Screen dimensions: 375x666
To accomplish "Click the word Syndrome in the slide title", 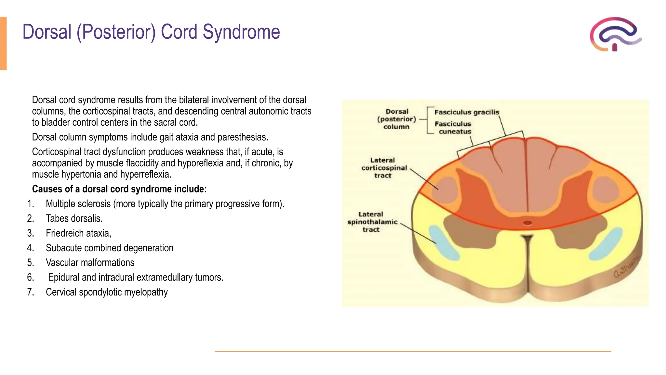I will (241, 32).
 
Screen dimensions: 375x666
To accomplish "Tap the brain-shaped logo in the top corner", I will (615, 34).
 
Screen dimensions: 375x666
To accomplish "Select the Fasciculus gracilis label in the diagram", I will (466, 112).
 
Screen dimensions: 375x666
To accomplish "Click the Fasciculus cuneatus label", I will (453, 128).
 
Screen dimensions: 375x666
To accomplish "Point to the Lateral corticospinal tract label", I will (384, 168).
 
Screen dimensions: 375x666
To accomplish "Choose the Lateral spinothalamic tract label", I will (372, 222).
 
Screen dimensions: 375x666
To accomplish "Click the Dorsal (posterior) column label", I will (396, 119).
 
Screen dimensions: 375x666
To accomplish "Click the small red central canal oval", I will (527, 223).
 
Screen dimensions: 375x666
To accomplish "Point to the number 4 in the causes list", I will (30, 248).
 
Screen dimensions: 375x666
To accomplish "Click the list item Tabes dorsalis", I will (74, 218).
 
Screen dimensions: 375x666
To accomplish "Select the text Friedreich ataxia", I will (78, 233).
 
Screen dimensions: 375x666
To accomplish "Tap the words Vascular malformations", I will (90, 263).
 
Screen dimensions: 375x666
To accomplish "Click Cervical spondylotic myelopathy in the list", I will (107, 292).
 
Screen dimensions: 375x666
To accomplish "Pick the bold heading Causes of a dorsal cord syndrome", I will (119, 189).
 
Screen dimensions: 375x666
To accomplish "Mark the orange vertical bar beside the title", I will (3, 43).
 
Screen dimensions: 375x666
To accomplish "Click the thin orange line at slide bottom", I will (413, 352).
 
